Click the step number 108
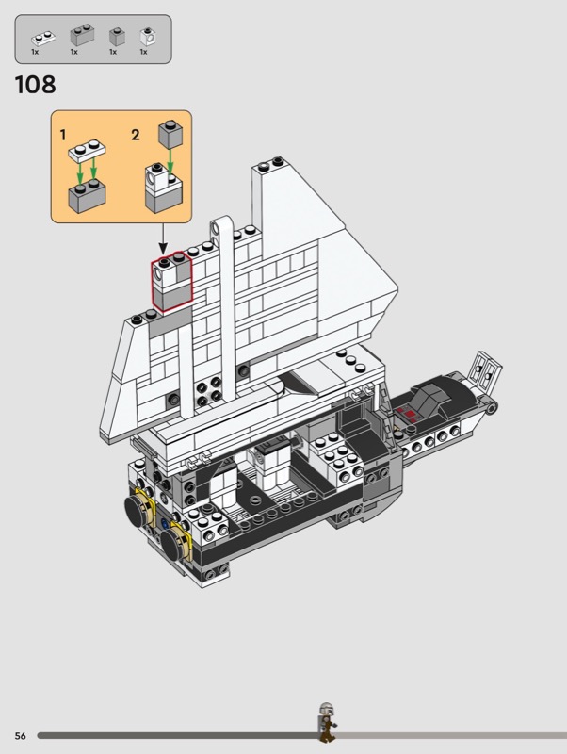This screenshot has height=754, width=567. pos(36,85)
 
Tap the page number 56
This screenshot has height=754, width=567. pos(20,736)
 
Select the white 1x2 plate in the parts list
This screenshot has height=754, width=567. pos(43,38)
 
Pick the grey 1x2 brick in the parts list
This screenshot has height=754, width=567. pos(82,35)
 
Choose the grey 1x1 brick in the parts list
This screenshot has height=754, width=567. pos(117,37)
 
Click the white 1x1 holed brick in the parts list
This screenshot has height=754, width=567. pos(147,37)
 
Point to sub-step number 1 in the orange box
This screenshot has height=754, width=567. pos(62,135)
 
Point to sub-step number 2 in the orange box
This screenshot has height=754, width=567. pos(136,135)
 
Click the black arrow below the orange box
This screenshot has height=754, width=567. pos(163,238)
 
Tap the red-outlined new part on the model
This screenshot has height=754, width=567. pos(171,281)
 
